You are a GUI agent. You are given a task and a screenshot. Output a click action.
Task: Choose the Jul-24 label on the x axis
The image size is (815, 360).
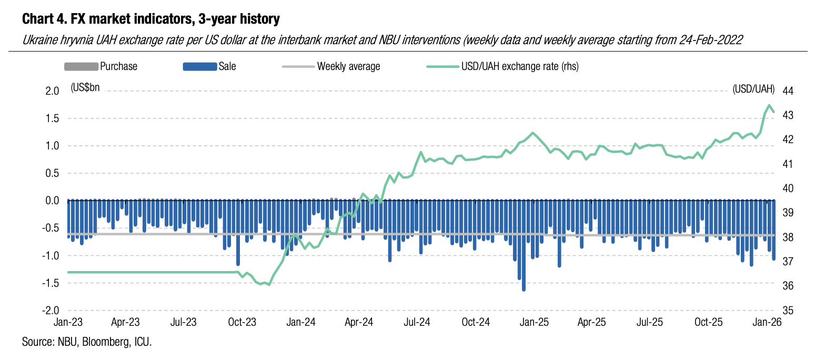[418, 322]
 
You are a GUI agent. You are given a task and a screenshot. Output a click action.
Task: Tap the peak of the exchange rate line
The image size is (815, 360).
[769, 105]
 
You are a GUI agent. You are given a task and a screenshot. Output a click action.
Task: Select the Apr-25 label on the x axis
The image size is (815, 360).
[592, 322]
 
